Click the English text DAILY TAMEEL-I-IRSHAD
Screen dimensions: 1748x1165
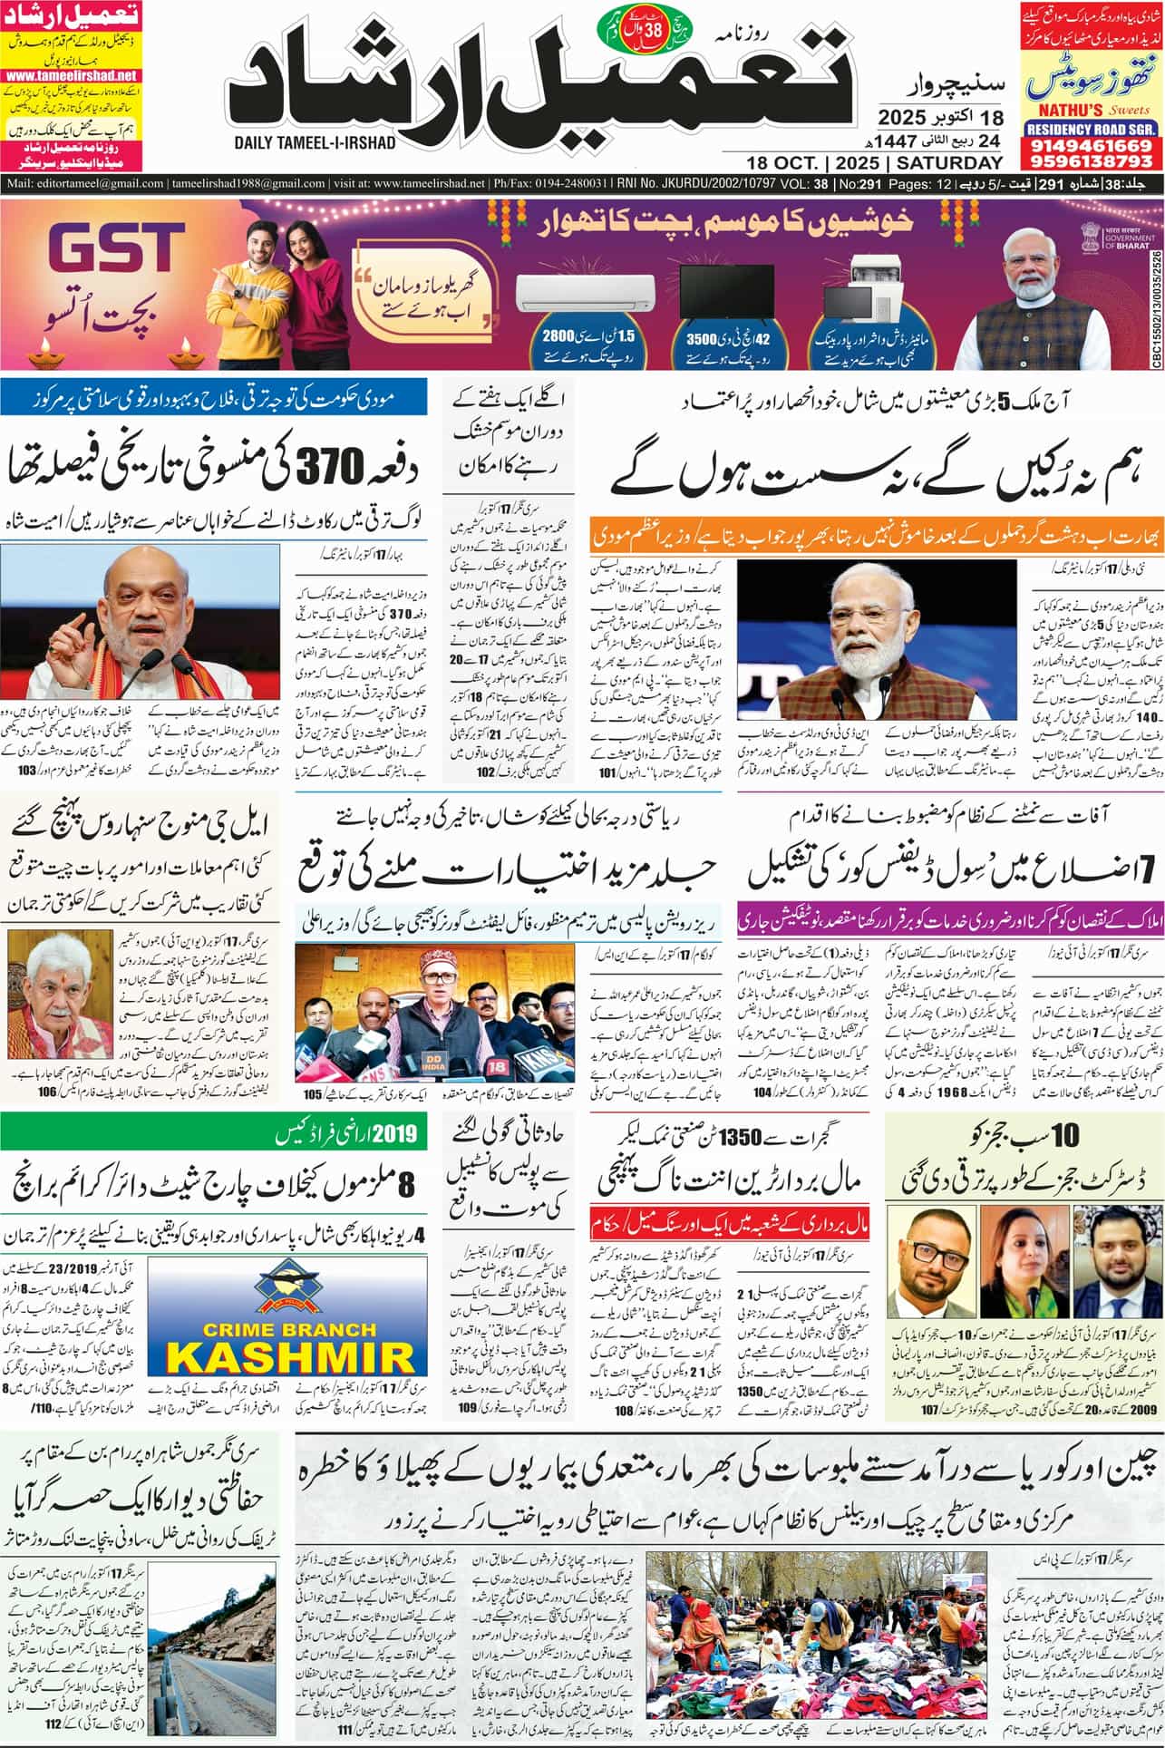(314, 143)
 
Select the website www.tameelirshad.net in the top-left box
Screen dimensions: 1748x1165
(70, 76)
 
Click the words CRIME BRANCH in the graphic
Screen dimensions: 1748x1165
(290, 1329)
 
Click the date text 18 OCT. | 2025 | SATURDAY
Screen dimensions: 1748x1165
(876, 163)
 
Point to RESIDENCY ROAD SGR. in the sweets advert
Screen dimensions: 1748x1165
(1090, 130)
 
